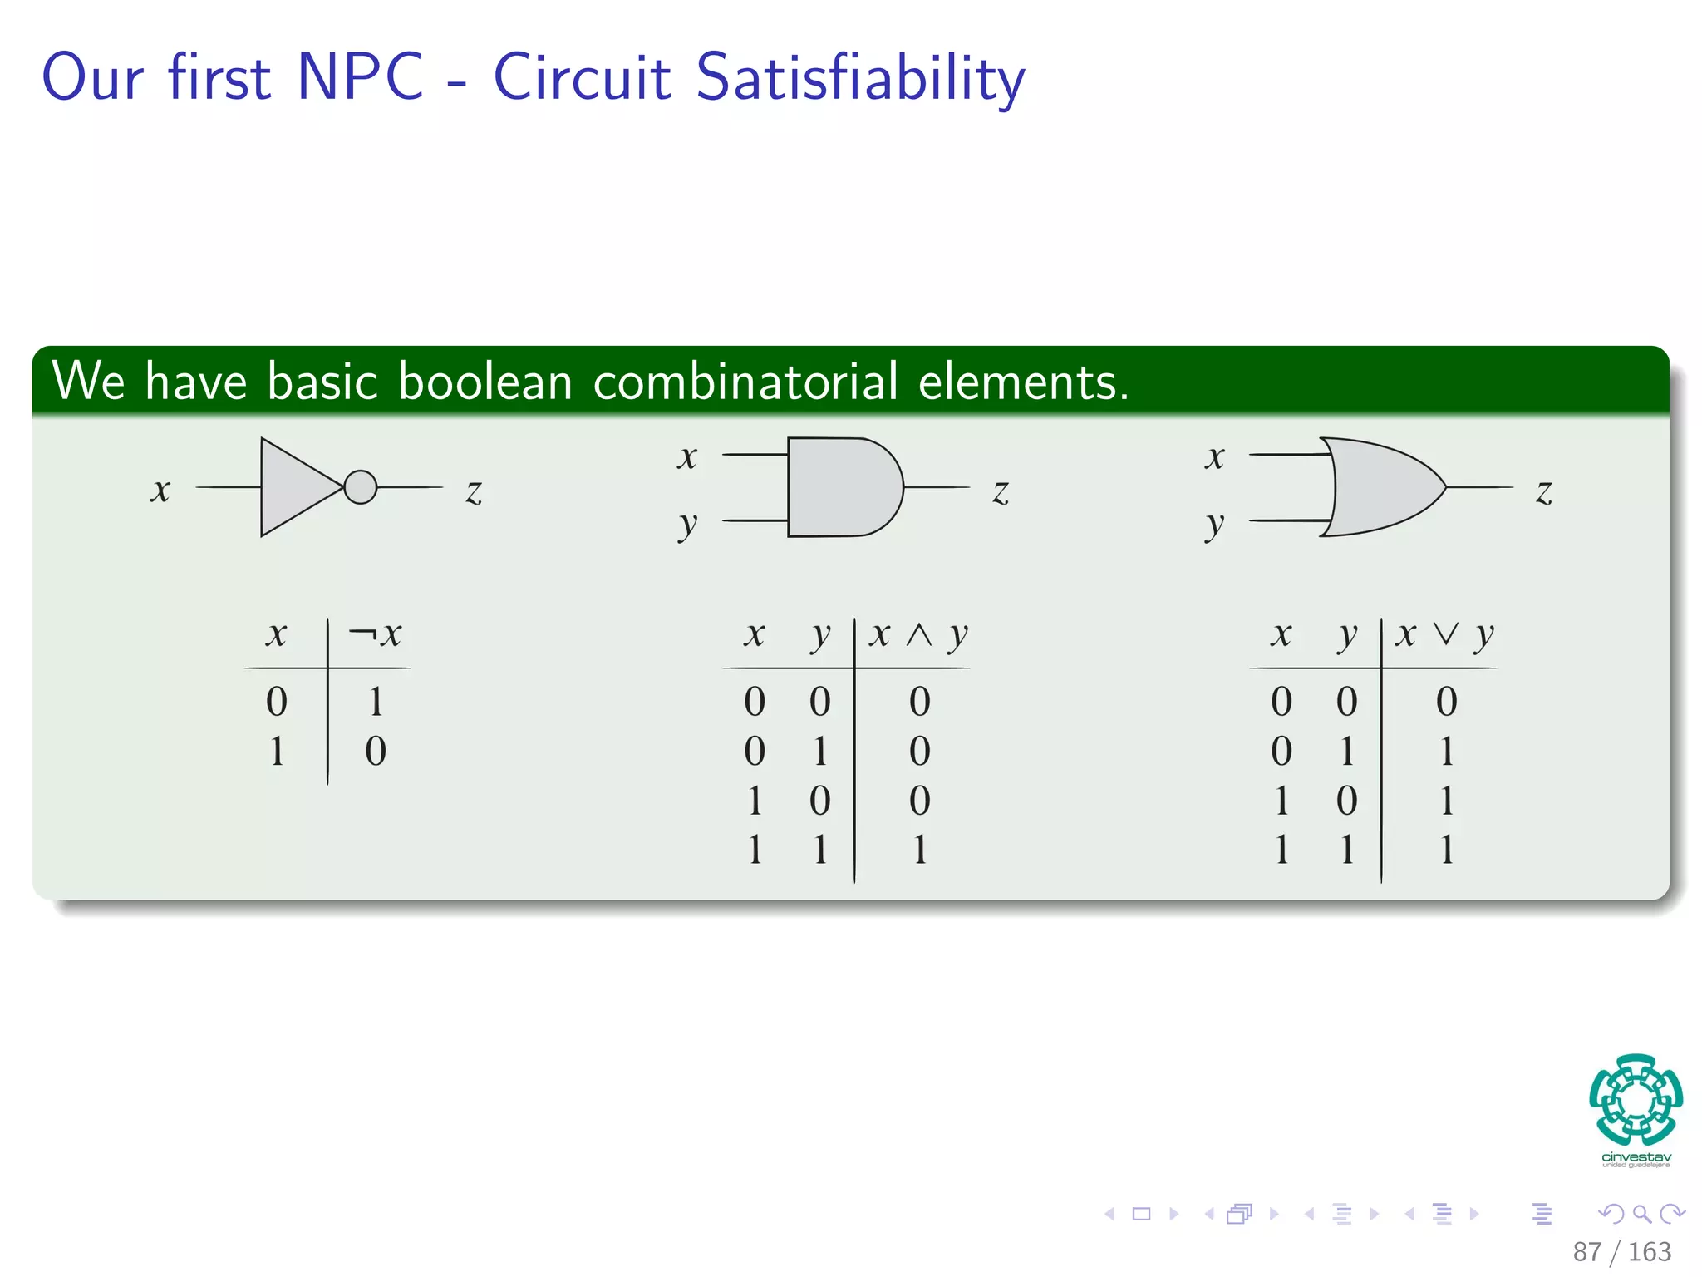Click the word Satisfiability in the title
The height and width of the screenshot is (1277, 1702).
[859, 78]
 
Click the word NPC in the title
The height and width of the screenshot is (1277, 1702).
[359, 76]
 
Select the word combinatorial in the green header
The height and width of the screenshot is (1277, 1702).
[745, 382]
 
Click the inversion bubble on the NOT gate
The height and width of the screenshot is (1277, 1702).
[360, 487]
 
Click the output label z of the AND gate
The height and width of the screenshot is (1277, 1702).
[1001, 492]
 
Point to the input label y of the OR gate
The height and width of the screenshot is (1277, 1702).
[1214, 525]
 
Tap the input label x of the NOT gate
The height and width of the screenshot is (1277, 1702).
[160, 490]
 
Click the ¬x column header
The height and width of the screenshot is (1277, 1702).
[375, 635]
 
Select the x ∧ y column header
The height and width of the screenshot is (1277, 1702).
[918, 636]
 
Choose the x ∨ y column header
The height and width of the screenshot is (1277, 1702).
[1445, 636]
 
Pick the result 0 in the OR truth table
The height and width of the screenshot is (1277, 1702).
[1446, 702]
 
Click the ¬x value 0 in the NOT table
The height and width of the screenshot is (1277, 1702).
[376, 752]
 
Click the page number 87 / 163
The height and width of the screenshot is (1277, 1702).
[1621, 1251]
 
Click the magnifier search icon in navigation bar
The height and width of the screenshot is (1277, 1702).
[1641, 1214]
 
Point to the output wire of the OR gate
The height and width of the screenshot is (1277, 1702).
[1479, 487]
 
